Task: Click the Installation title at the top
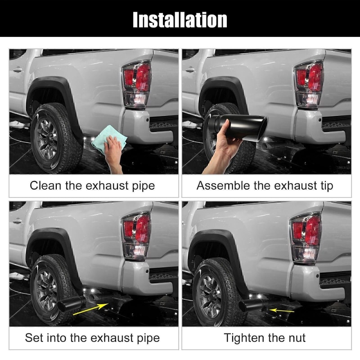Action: click(180, 19)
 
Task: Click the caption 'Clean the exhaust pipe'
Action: click(92, 185)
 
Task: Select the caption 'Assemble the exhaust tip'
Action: click(265, 185)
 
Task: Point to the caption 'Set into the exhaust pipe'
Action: click(92, 337)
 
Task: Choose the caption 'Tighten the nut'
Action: click(265, 337)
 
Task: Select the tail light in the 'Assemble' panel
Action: click(309, 84)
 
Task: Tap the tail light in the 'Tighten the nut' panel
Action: click(306, 236)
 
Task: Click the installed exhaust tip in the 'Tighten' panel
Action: click(252, 306)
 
